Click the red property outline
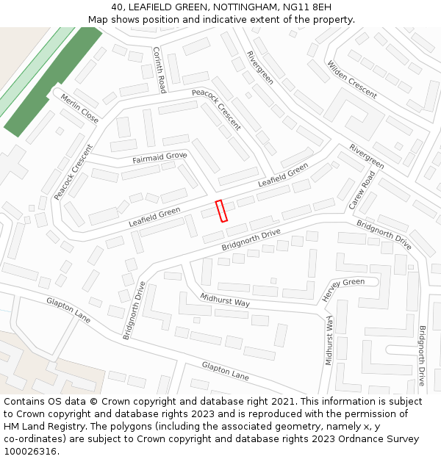tap(221, 211)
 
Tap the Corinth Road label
tap(159, 69)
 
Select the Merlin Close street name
tap(79, 109)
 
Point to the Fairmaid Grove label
tap(159, 157)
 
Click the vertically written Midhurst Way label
tap(330, 341)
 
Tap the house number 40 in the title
tap(118, 7)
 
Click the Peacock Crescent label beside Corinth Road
tap(216, 109)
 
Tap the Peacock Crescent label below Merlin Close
tap(73, 173)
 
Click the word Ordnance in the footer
tap(368, 439)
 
